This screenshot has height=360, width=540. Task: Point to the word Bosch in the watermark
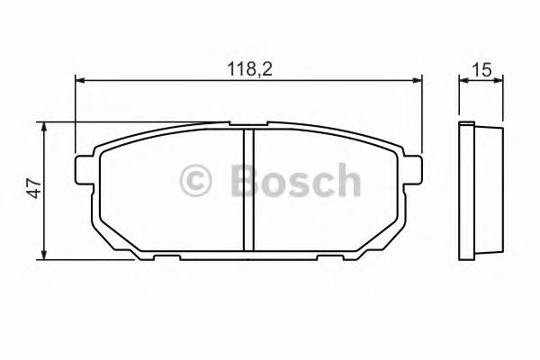click(294, 180)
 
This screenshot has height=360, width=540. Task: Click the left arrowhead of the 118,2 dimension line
click(79, 81)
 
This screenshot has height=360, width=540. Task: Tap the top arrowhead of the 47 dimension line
click(45, 127)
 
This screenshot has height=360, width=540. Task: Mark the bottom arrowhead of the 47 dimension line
click(45, 255)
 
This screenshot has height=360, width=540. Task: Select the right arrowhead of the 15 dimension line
click(499, 81)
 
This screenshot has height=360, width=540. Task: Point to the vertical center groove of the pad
click(248, 189)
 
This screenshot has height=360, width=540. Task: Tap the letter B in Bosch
click(245, 180)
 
